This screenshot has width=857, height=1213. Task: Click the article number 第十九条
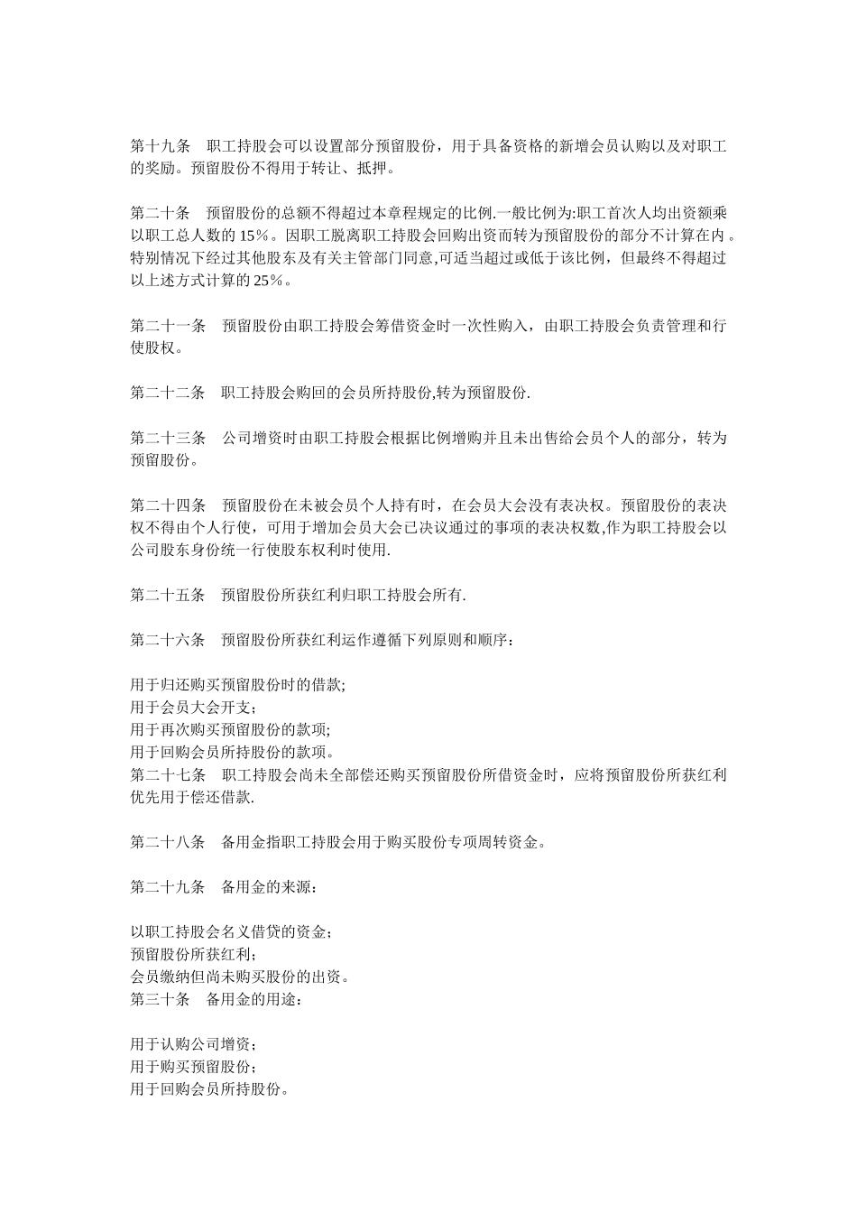coord(161,145)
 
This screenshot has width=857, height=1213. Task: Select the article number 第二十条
coord(161,213)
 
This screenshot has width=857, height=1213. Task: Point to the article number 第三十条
coord(161,1000)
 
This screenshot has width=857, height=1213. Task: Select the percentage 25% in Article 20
coord(269,281)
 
